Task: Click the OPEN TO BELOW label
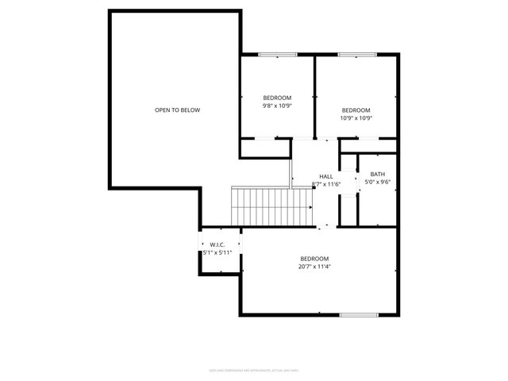click(x=177, y=110)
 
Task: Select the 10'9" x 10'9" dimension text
click(x=356, y=117)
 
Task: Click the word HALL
click(x=326, y=176)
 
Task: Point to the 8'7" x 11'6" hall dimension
click(x=326, y=184)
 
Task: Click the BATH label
click(x=378, y=175)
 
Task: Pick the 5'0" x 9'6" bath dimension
click(x=378, y=182)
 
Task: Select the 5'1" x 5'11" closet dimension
click(x=217, y=252)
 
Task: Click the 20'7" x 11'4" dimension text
click(x=315, y=267)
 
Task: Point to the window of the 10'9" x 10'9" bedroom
click(x=356, y=55)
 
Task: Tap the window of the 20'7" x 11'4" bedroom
click(x=359, y=315)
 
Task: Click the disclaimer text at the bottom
click(x=253, y=369)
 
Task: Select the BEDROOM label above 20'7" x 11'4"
click(x=315, y=259)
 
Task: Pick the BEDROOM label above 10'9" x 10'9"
click(x=356, y=110)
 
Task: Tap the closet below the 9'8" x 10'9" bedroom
click(x=265, y=148)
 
